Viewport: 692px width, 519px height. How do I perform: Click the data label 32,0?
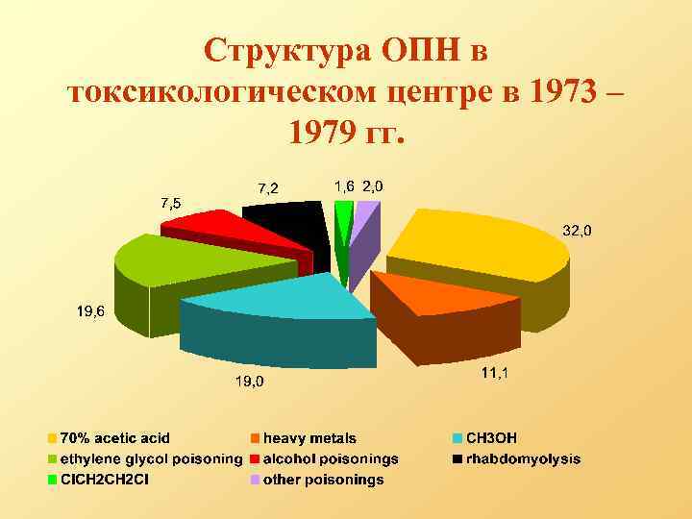tap(577, 231)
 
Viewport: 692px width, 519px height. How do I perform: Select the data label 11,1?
tap(495, 372)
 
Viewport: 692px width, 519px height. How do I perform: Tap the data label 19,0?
tap(250, 382)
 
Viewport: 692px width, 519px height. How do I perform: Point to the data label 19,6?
tap(91, 310)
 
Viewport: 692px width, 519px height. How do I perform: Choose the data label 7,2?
tap(267, 186)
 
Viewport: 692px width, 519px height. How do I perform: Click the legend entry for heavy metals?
tap(309, 438)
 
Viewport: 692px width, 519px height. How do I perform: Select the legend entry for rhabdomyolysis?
tap(523, 458)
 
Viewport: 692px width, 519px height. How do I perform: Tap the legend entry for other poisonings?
tap(323, 480)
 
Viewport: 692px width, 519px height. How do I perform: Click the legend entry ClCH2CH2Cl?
tap(106, 480)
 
